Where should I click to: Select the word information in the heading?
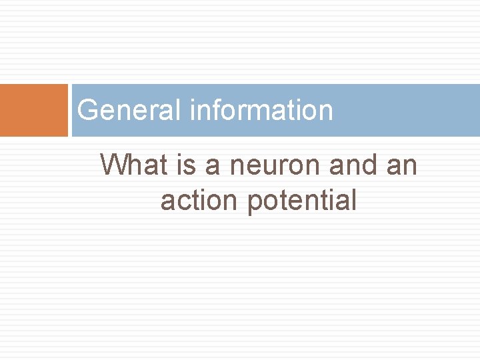point(261,110)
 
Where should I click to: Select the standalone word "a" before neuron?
point(212,166)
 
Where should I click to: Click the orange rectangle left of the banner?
point(34,110)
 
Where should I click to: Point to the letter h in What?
point(135,165)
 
